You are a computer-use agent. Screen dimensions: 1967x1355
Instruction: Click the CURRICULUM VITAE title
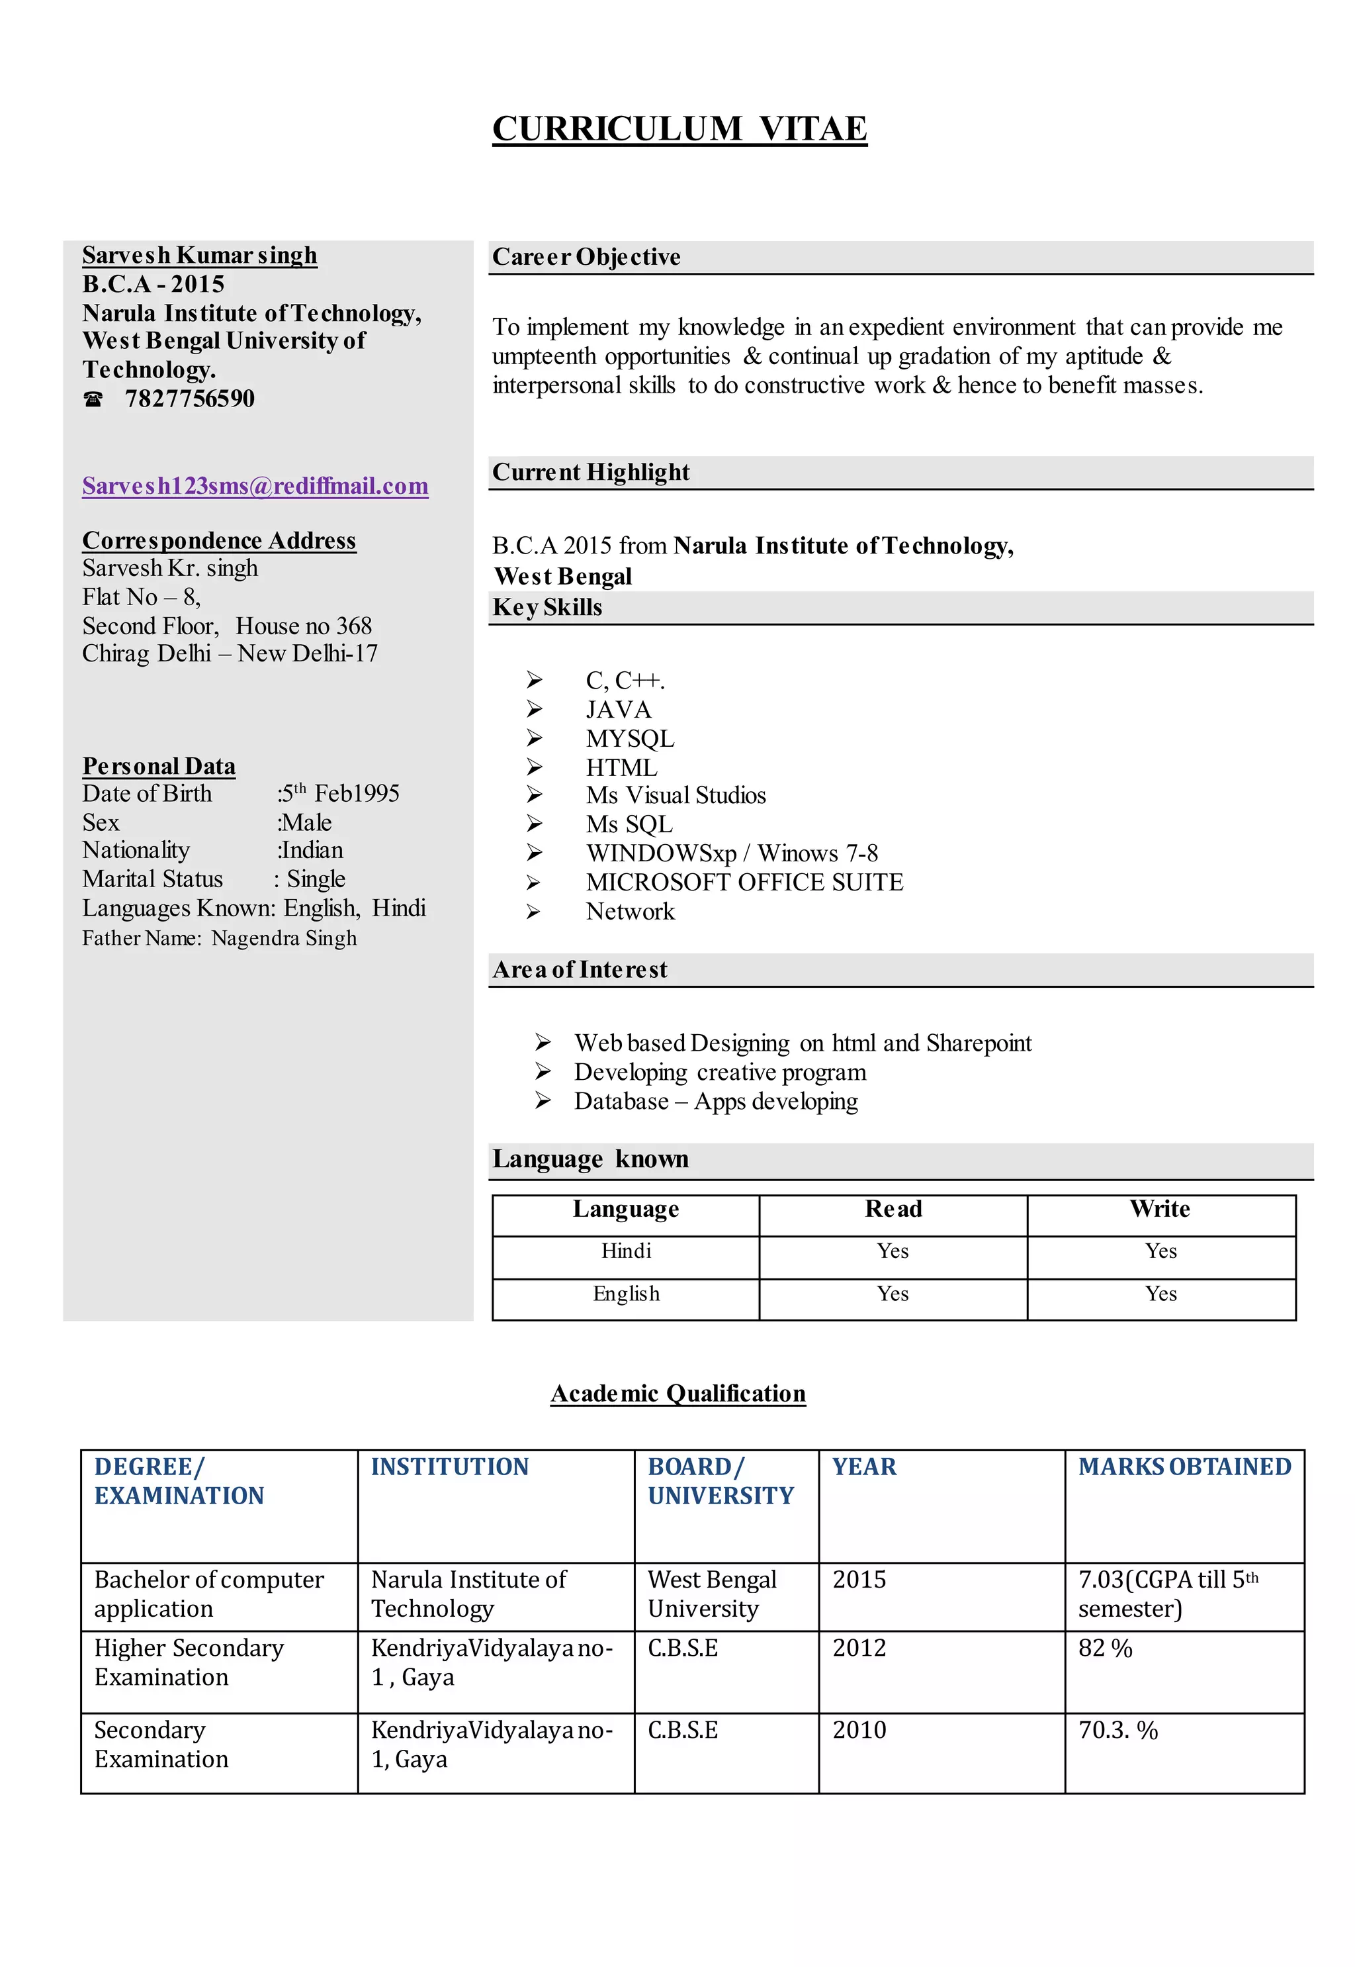tap(679, 129)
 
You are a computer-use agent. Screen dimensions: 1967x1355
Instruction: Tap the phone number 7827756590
tap(189, 399)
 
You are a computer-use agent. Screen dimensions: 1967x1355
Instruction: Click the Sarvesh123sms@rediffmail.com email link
tap(255, 486)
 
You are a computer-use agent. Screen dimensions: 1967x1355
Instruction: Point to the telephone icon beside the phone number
tap(93, 399)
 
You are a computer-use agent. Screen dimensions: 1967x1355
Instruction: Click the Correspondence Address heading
tap(219, 540)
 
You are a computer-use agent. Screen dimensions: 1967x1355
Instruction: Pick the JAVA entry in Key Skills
tap(618, 709)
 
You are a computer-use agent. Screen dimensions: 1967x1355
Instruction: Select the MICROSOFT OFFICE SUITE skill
tap(744, 883)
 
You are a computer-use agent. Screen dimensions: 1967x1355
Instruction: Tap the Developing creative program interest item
tap(720, 1072)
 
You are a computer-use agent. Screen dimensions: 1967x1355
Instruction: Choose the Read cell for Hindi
tap(893, 1251)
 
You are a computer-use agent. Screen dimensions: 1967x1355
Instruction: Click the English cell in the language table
tap(626, 1294)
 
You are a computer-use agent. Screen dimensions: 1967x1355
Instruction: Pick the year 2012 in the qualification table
tap(859, 1648)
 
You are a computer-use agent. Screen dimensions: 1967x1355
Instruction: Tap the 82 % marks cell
tap(1106, 1648)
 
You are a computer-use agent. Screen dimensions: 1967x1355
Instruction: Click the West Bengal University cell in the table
tap(711, 1594)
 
